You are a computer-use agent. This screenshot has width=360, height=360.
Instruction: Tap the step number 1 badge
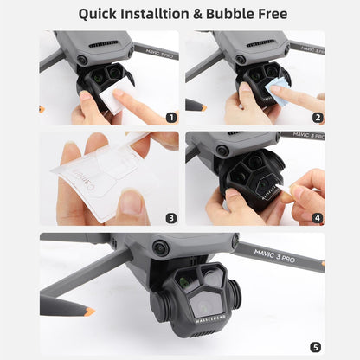tap(171, 117)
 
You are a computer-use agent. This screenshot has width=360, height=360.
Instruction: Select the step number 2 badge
tap(318, 117)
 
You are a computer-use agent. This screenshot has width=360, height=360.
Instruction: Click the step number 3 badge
tap(171, 218)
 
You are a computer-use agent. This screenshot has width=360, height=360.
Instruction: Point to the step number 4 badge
tap(318, 218)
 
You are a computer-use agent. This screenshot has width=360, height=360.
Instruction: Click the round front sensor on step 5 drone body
tap(159, 247)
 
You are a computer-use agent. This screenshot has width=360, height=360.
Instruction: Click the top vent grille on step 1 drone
tap(104, 43)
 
